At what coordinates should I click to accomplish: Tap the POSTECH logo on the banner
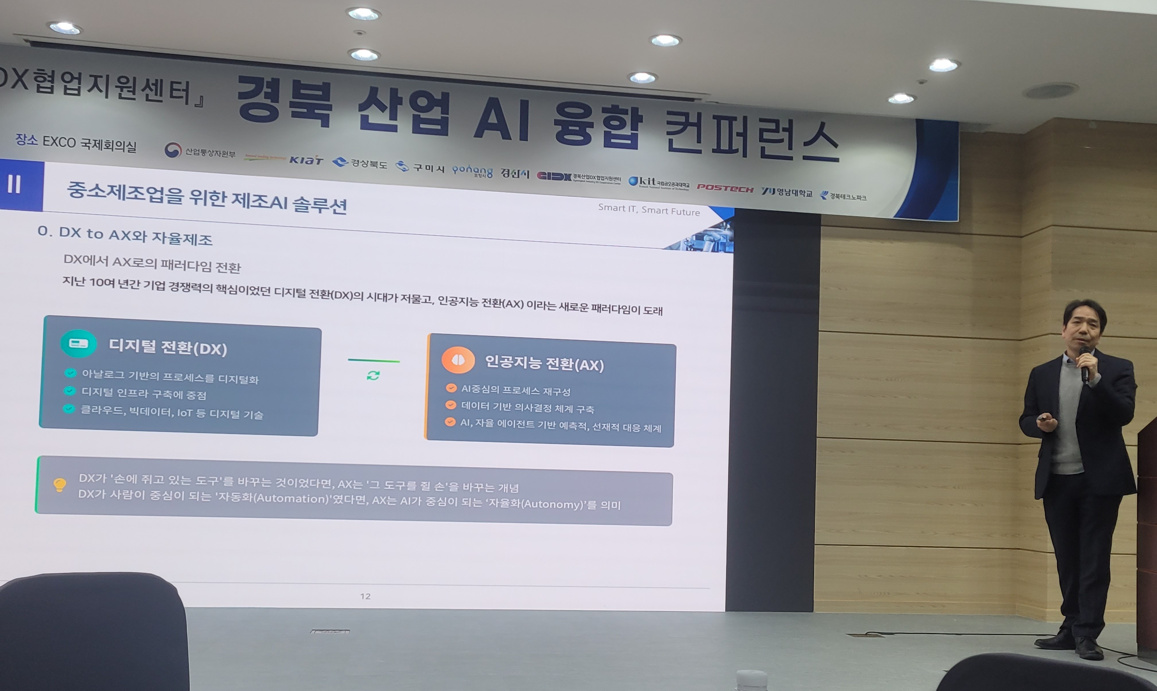coord(725,188)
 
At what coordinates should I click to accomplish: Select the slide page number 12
coord(365,596)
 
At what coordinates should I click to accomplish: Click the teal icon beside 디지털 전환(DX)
coord(78,344)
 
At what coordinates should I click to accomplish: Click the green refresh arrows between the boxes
coord(373,375)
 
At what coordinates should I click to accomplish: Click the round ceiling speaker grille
coord(1051,91)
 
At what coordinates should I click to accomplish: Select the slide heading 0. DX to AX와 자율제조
coord(125,235)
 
